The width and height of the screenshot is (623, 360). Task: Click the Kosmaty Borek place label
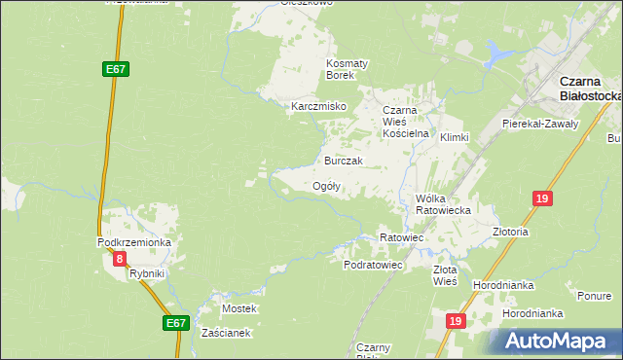pos(347,69)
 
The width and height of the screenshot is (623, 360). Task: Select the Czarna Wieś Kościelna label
pos(406,122)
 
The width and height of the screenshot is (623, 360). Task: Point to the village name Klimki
pos(455,138)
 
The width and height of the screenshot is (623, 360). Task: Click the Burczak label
pos(344,161)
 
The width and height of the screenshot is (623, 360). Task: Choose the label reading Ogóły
pos(326,186)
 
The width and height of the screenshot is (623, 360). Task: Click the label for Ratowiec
pos(401,237)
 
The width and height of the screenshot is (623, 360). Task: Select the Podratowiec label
pos(373,265)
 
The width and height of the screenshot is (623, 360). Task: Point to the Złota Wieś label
pos(445,275)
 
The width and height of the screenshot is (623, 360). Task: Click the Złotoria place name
pos(510,233)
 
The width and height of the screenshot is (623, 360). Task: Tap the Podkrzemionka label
pos(134,242)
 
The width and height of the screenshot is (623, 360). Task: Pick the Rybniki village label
pos(148,274)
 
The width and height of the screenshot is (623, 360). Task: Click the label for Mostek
pos(239,308)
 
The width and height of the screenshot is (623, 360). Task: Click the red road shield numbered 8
pos(120,259)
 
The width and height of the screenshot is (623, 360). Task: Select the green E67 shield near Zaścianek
pos(175,323)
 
